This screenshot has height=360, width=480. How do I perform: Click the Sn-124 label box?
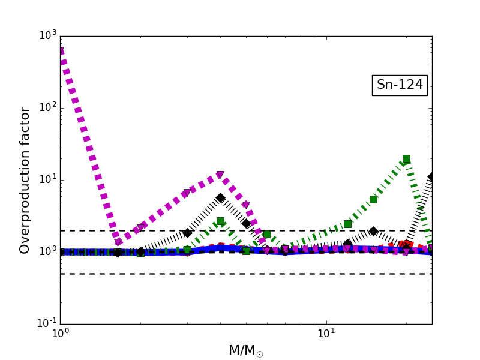click(400, 85)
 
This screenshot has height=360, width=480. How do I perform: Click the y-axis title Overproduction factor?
click(25, 180)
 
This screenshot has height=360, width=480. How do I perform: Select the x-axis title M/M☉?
click(245, 350)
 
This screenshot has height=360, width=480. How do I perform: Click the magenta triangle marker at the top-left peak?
click(61, 52)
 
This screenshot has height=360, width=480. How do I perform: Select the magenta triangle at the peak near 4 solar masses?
click(220, 175)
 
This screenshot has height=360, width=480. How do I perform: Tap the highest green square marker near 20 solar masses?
click(406, 159)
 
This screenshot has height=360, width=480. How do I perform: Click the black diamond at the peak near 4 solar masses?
click(220, 197)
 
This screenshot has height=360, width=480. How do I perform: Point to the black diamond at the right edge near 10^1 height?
click(431, 177)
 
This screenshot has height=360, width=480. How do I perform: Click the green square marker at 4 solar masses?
click(220, 221)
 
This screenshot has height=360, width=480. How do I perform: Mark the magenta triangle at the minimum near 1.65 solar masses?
click(118, 243)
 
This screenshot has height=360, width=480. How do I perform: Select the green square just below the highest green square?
click(373, 199)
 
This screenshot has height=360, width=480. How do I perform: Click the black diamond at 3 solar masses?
click(187, 233)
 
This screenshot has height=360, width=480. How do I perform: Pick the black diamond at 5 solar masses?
click(246, 223)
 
